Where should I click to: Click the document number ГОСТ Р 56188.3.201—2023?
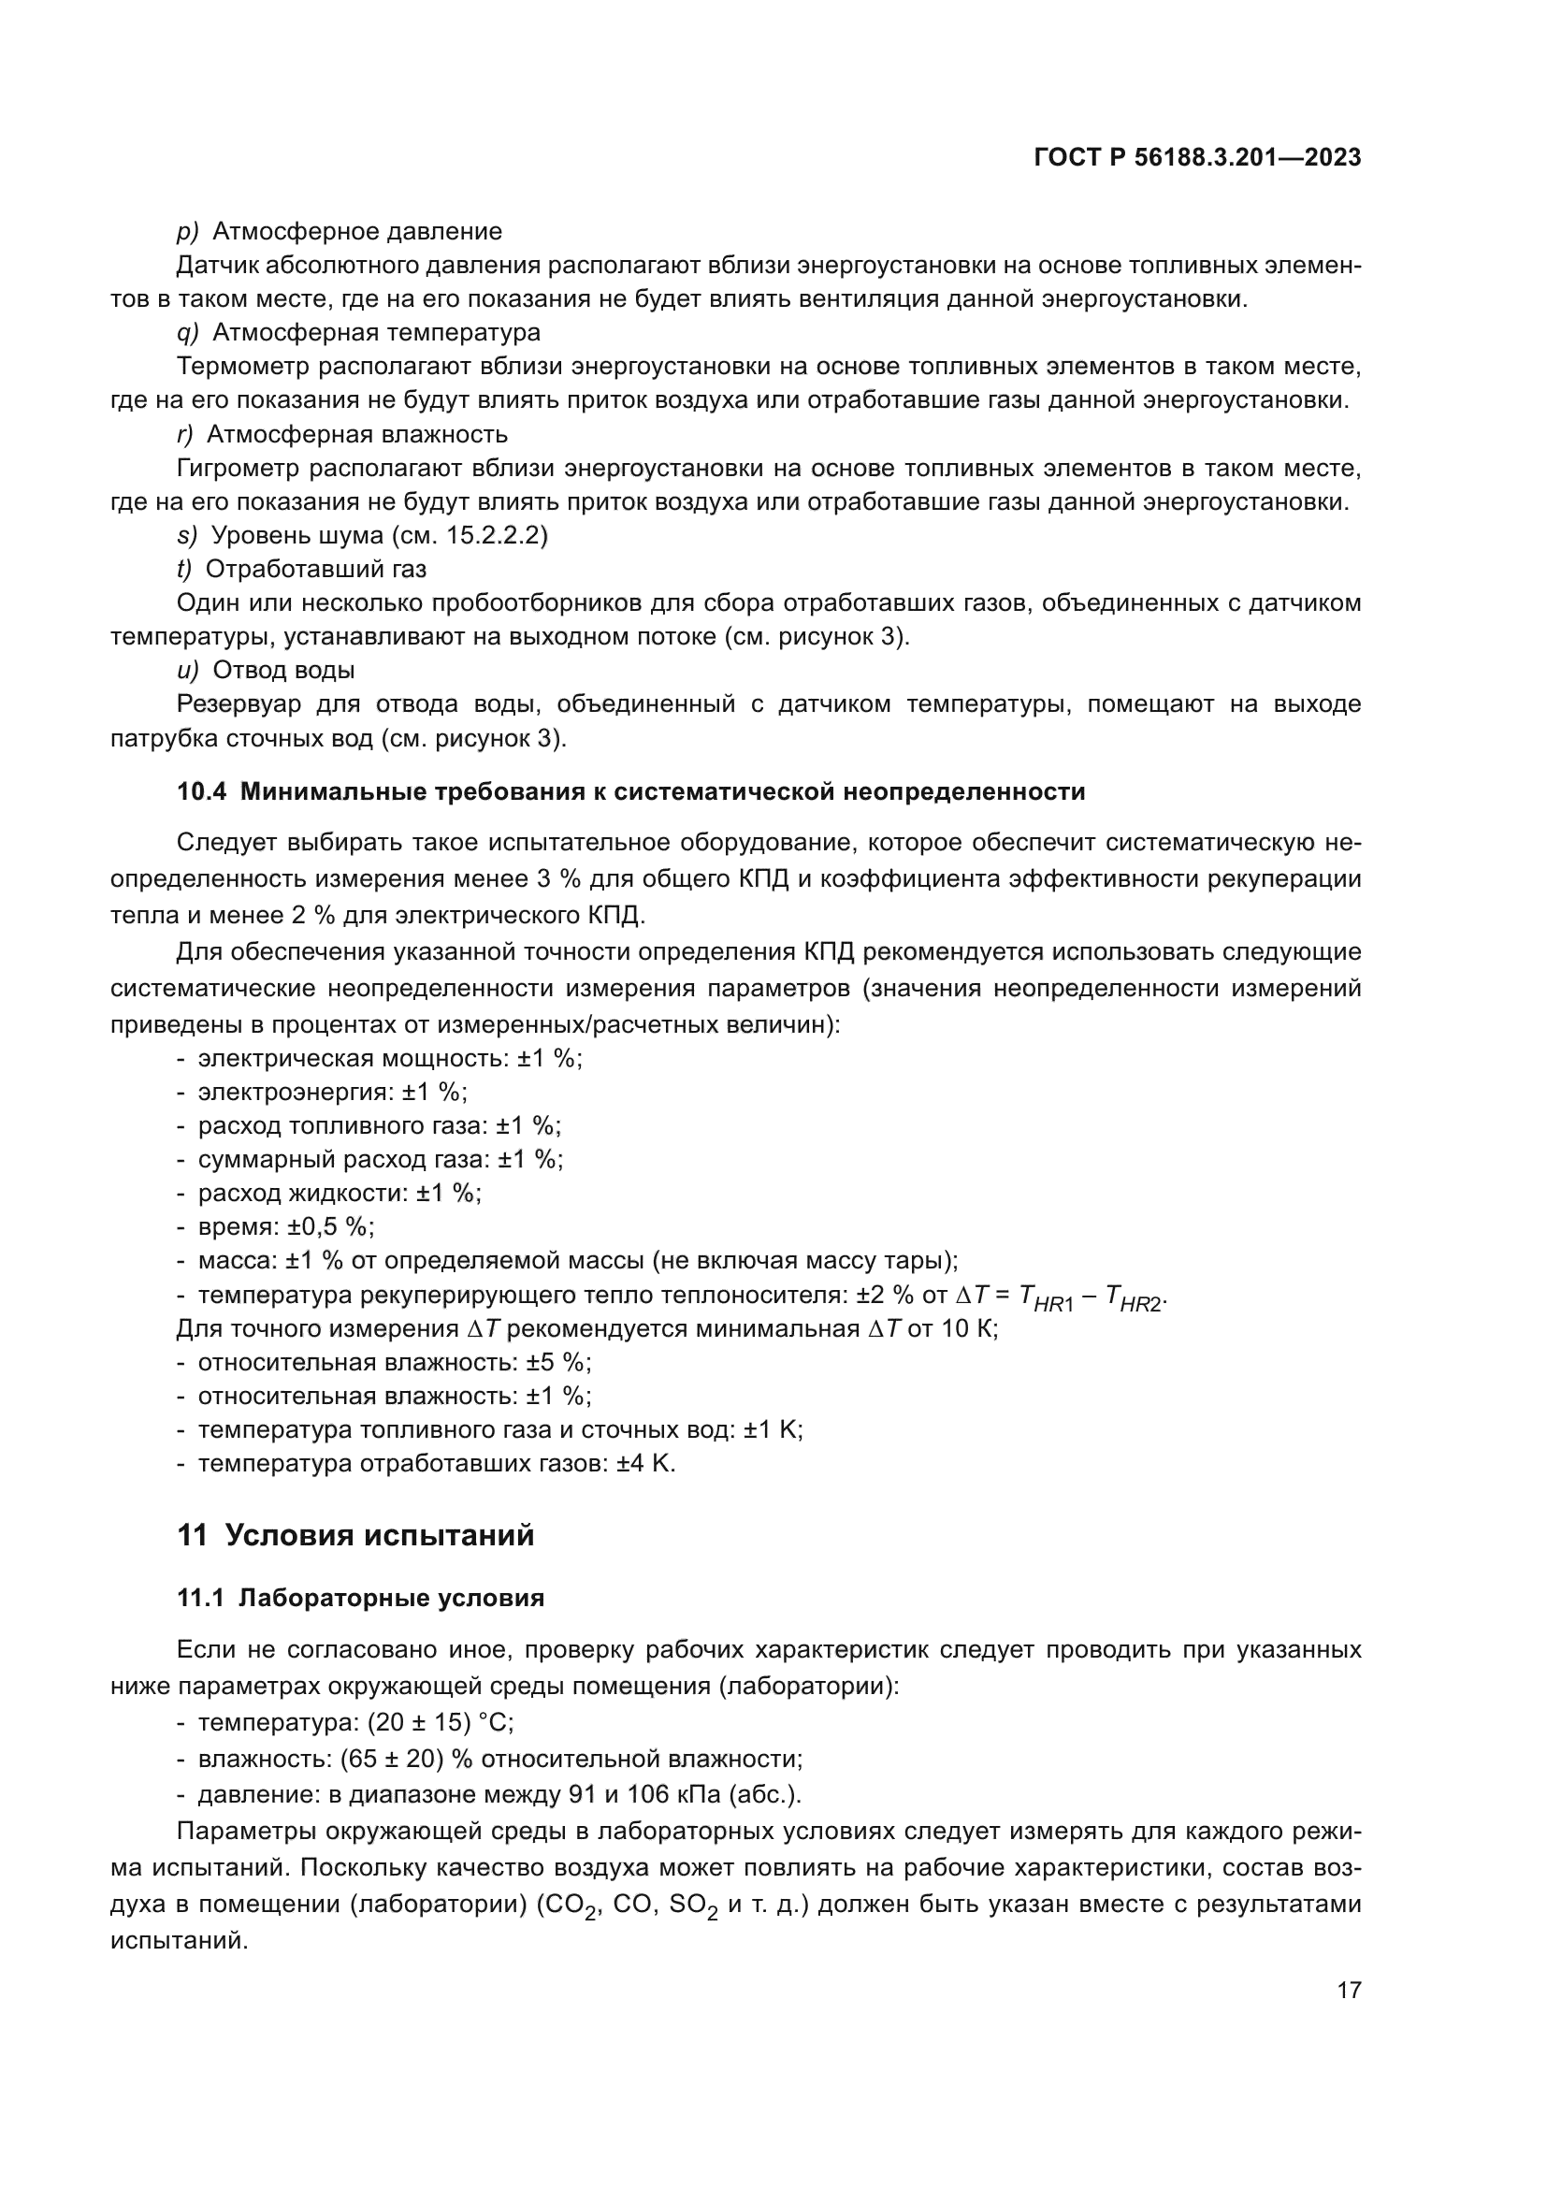click(x=1196, y=157)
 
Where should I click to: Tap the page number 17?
click(x=1349, y=1991)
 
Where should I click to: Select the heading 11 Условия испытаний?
click(x=355, y=1535)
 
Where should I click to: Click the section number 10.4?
click(x=202, y=792)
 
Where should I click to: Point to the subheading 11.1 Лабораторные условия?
click(x=360, y=1598)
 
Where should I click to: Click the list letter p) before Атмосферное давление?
click(x=188, y=232)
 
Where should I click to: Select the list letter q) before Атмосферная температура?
click(x=188, y=333)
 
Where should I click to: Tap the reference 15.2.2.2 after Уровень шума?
click(x=496, y=536)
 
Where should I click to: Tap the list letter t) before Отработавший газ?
click(x=184, y=569)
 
